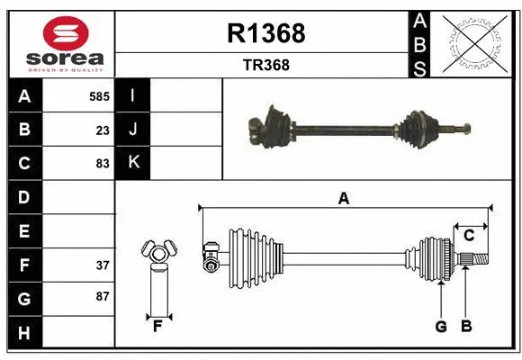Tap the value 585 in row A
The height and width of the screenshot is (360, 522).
click(98, 95)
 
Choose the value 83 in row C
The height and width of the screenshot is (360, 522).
click(102, 164)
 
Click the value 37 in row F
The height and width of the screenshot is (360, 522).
click(102, 265)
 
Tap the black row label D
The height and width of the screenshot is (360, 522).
click(23, 197)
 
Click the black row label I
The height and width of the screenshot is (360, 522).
click(133, 95)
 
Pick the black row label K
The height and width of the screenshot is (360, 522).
click(133, 163)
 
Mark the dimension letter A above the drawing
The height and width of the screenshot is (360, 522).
click(343, 198)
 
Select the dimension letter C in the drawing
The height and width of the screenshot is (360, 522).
click(469, 236)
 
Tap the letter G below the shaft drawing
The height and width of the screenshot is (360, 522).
click(441, 327)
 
